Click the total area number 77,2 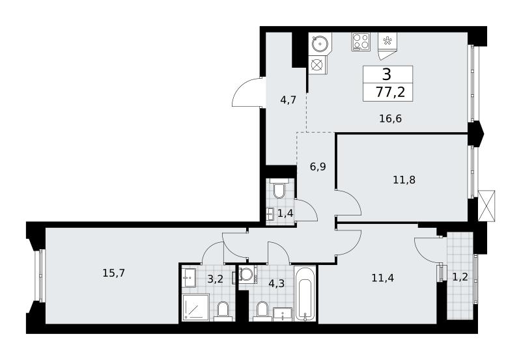(390, 92)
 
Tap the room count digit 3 (387, 74)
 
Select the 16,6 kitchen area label (390, 118)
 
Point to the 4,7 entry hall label (288, 100)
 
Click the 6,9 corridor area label (318, 167)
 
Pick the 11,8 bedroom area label (404, 180)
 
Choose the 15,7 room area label (113, 273)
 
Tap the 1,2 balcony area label (460, 277)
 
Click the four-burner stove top (361, 42)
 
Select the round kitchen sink (320, 43)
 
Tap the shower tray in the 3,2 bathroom (196, 307)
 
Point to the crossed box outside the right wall (486, 206)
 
